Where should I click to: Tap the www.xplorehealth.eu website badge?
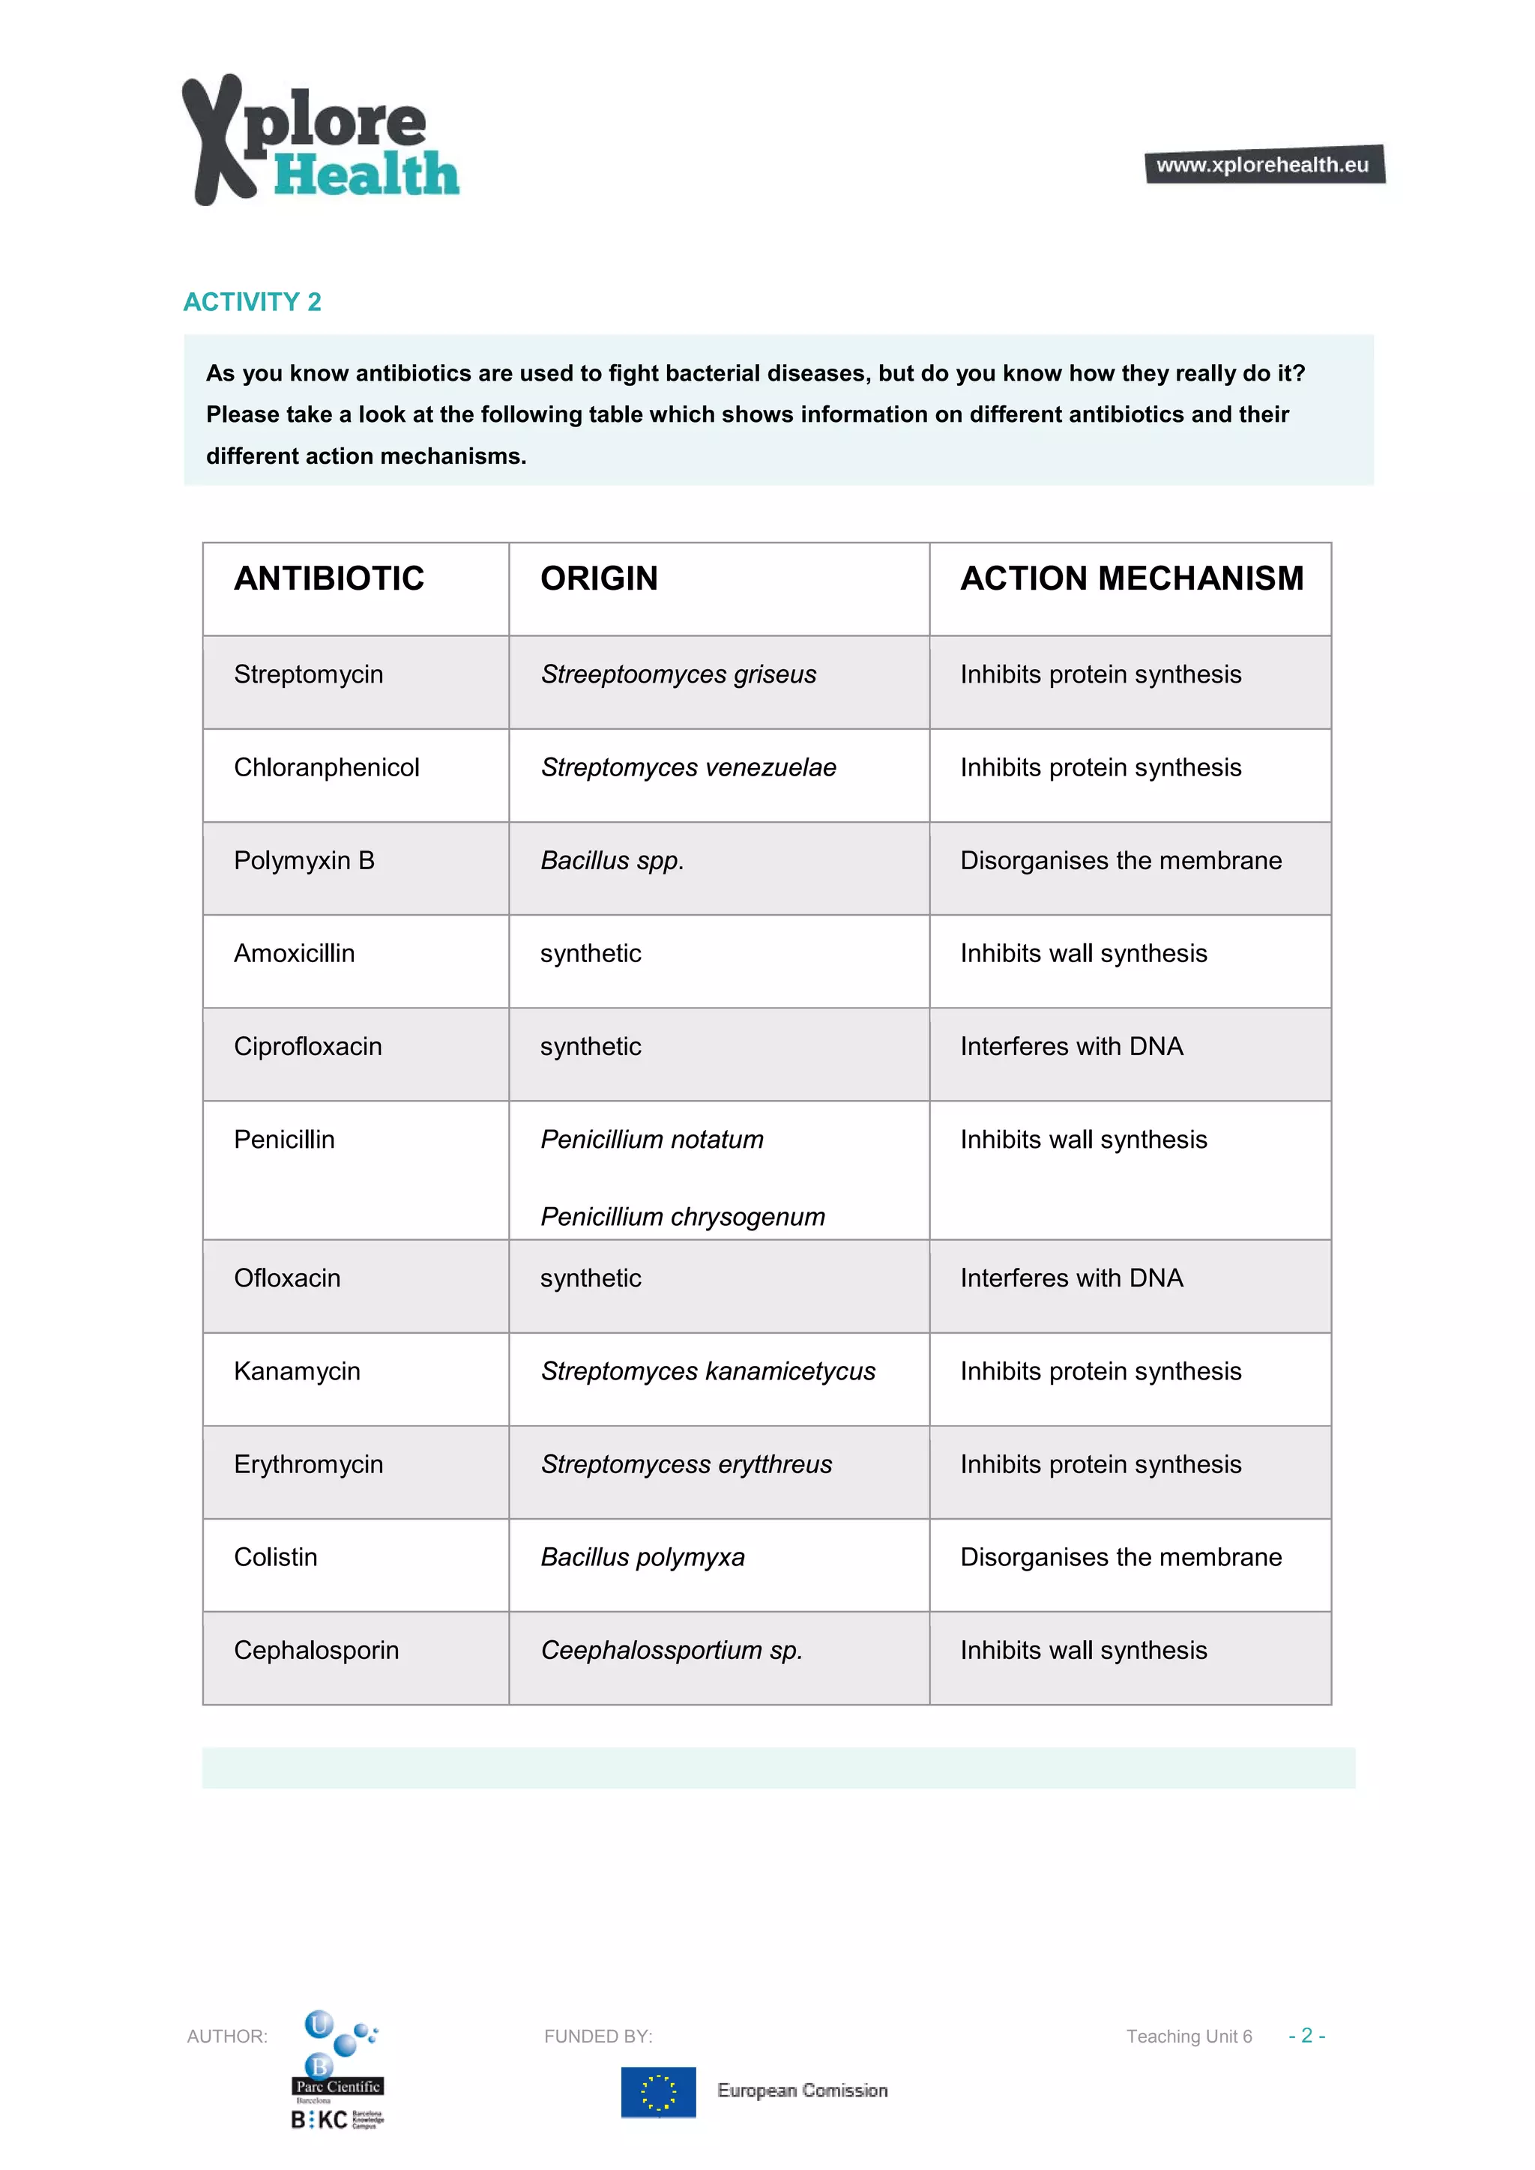1264,164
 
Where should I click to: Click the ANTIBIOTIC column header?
329,578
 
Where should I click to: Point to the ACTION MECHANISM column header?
1132,578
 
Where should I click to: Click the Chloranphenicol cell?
326,767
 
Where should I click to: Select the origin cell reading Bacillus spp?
612,860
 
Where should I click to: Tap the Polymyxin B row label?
304,860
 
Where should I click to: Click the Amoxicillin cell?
294,952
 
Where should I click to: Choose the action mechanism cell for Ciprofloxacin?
1071,1046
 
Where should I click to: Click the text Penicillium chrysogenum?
683,1216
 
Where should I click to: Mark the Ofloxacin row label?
286,1278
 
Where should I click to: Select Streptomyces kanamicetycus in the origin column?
708,1370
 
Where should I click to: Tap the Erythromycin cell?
308,1464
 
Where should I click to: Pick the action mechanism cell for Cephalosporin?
1083,1650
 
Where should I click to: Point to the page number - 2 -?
1306,2035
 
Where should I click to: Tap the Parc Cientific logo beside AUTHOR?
338,2069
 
